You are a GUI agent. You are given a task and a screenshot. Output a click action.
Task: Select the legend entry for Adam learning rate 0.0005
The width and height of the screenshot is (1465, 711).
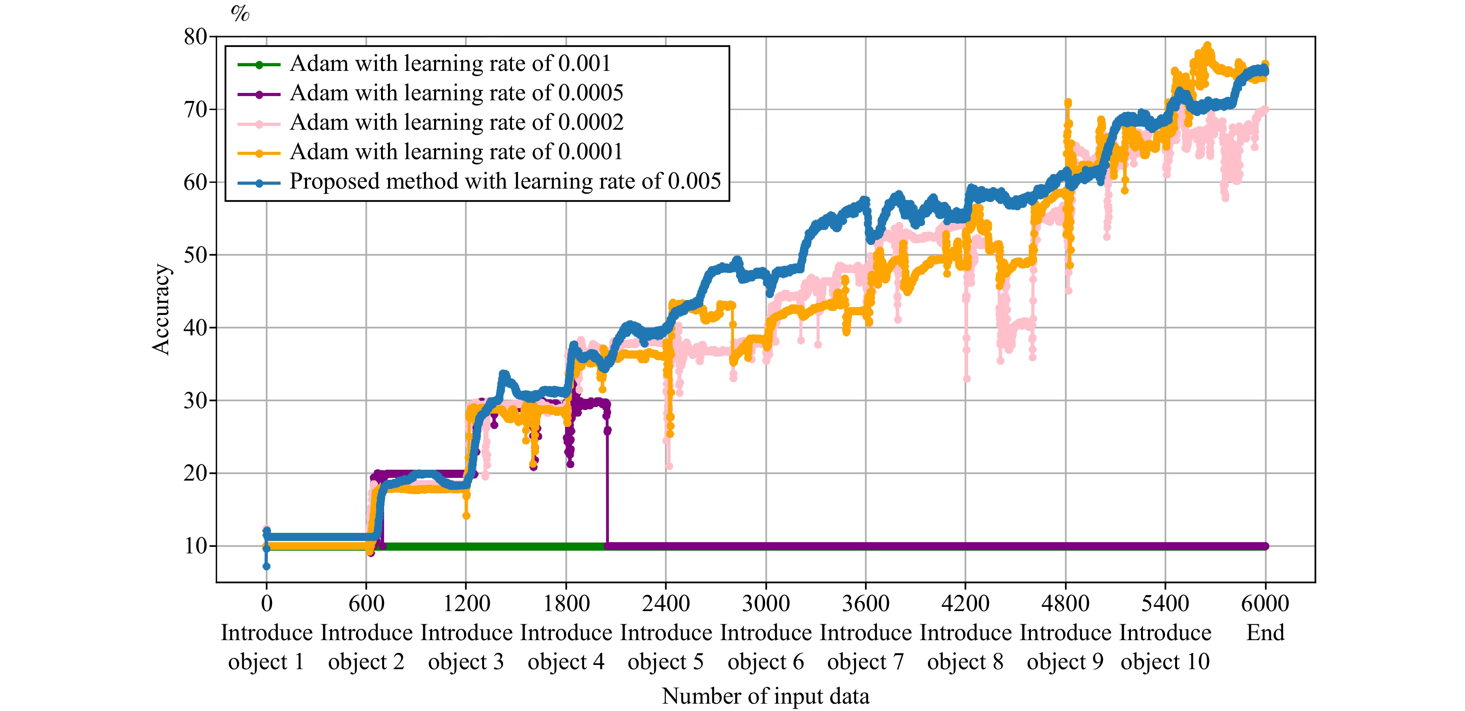[456, 93]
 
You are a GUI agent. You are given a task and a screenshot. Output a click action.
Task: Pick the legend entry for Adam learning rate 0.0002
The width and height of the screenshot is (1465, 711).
[456, 123]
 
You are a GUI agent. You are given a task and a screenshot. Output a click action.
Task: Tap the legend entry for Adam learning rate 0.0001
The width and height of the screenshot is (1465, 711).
[456, 152]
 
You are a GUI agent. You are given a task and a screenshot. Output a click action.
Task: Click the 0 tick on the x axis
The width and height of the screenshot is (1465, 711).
[266, 604]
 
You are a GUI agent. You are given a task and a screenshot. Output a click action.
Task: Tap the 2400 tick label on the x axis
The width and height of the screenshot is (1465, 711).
[665, 604]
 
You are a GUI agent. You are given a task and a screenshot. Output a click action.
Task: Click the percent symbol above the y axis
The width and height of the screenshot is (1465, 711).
[240, 13]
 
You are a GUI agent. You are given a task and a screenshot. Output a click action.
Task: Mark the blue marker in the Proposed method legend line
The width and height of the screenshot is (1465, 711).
[259, 182]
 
